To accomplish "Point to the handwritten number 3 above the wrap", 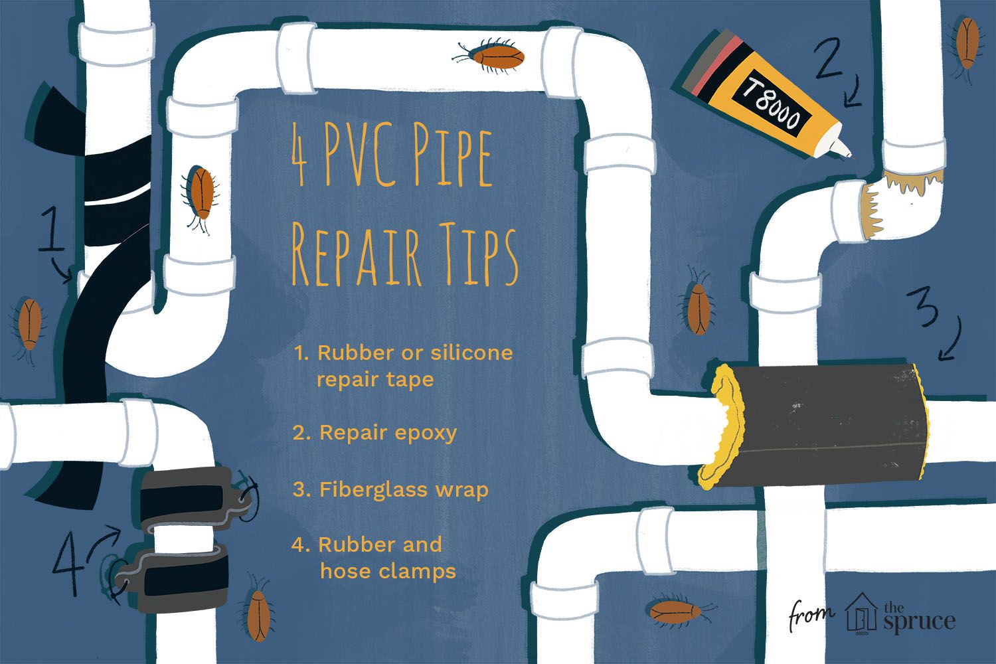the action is pyautogui.click(x=922, y=307).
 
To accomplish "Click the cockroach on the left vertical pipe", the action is pyautogui.click(x=200, y=197).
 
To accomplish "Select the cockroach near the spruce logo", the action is pyautogui.click(x=678, y=611).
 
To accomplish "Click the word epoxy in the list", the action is pyautogui.click(x=426, y=433).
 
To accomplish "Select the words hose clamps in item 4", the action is pyautogui.click(x=388, y=570).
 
